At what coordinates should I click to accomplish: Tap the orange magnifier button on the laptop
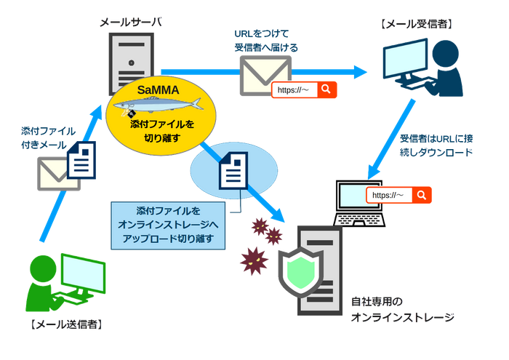(421, 195)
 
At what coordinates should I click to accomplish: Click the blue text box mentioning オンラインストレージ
(168, 225)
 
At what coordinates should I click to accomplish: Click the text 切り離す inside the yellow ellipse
(161, 137)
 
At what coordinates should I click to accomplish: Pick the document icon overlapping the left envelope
(82, 161)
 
